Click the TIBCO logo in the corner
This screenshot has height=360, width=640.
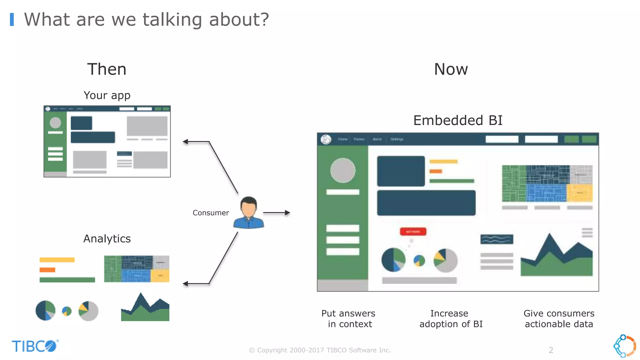pyautogui.click(x=35, y=346)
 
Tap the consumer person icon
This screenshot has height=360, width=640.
pyautogui.click(x=248, y=213)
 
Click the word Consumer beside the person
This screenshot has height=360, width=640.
pyautogui.click(x=211, y=213)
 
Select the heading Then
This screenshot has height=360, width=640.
pyautogui.click(x=107, y=69)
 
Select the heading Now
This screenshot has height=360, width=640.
pyautogui.click(x=451, y=69)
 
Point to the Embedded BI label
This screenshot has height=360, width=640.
pyautogui.click(x=458, y=120)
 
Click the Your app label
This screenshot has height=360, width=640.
pyautogui.click(x=107, y=95)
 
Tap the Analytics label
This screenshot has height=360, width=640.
pyautogui.click(x=107, y=239)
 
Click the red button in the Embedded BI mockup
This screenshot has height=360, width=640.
pyautogui.click(x=413, y=232)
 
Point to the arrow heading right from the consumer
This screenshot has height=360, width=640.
pyautogui.click(x=277, y=213)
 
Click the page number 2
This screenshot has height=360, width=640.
pyautogui.click(x=551, y=350)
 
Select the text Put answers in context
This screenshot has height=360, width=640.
pyautogui.click(x=349, y=319)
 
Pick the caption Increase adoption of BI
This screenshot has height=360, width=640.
pyautogui.click(x=451, y=319)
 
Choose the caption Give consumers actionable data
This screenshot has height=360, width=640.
pyautogui.click(x=559, y=319)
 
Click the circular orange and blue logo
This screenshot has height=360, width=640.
pyautogui.click(x=625, y=346)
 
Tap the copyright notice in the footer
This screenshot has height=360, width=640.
pyautogui.click(x=320, y=350)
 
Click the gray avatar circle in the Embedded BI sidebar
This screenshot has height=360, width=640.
pyautogui.click(x=343, y=170)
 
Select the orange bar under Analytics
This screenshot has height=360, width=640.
pyautogui.click(x=47, y=270)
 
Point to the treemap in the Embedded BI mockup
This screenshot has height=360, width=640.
pyautogui.click(x=547, y=183)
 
